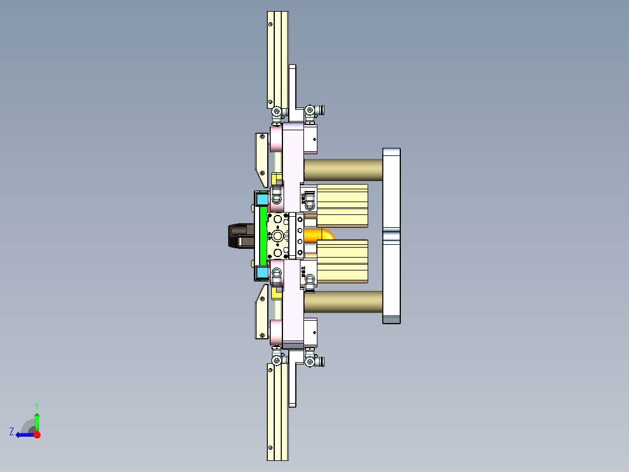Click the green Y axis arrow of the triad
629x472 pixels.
pyautogui.click(x=37, y=419)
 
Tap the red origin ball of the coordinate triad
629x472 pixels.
pyautogui.click(x=37, y=435)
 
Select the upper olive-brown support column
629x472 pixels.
pyautogui.click(x=343, y=169)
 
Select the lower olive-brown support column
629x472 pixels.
pyautogui.click(x=343, y=302)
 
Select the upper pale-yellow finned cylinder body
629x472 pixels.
pyautogui.click(x=343, y=205)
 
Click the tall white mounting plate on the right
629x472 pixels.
pyautogui.click(x=392, y=235)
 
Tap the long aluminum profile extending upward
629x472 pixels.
pyautogui.click(x=278, y=58)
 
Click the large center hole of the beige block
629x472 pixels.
pyautogui.click(x=278, y=236)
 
